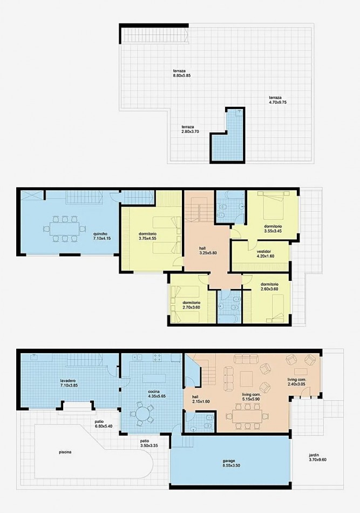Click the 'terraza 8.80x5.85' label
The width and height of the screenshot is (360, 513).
coord(181,73)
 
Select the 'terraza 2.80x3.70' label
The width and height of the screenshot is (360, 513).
coord(191,129)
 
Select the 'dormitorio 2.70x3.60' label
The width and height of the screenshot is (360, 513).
coord(192,305)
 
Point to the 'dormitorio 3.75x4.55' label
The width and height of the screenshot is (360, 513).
coord(147,236)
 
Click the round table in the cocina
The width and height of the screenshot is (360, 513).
coord(144,414)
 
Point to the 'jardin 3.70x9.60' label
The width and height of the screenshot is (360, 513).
coord(318,457)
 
